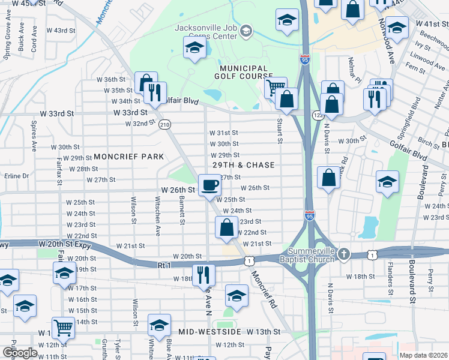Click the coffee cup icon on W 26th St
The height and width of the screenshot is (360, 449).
(x=209, y=184)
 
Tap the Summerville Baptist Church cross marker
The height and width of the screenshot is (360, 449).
(x=344, y=253)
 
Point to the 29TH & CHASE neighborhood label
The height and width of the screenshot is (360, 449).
(x=244, y=165)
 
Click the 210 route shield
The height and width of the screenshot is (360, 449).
(x=164, y=125)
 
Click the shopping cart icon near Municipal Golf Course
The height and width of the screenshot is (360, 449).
(x=275, y=87)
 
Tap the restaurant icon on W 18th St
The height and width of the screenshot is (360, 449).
(x=203, y=275)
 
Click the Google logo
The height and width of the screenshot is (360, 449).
(x=19, y=353)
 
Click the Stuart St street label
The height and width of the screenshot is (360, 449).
(x=280, y=131)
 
